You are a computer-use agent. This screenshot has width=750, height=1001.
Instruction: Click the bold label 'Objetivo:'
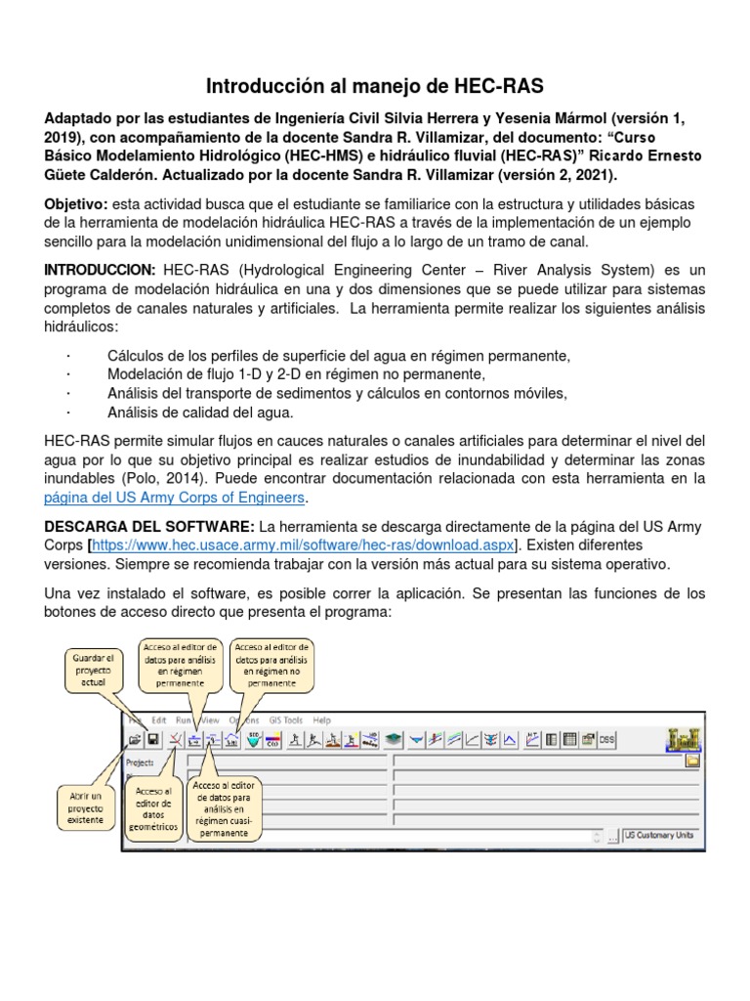(x=77, y=203)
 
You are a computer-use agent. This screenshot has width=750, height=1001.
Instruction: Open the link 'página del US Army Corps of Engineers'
(x=176, y=498)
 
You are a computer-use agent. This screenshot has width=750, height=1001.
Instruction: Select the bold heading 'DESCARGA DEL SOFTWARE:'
(x=149, y=527)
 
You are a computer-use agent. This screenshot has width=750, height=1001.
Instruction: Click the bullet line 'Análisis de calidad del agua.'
(x=187, y=412)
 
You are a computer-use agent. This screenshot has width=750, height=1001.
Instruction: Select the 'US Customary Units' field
(x=662, y=837)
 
